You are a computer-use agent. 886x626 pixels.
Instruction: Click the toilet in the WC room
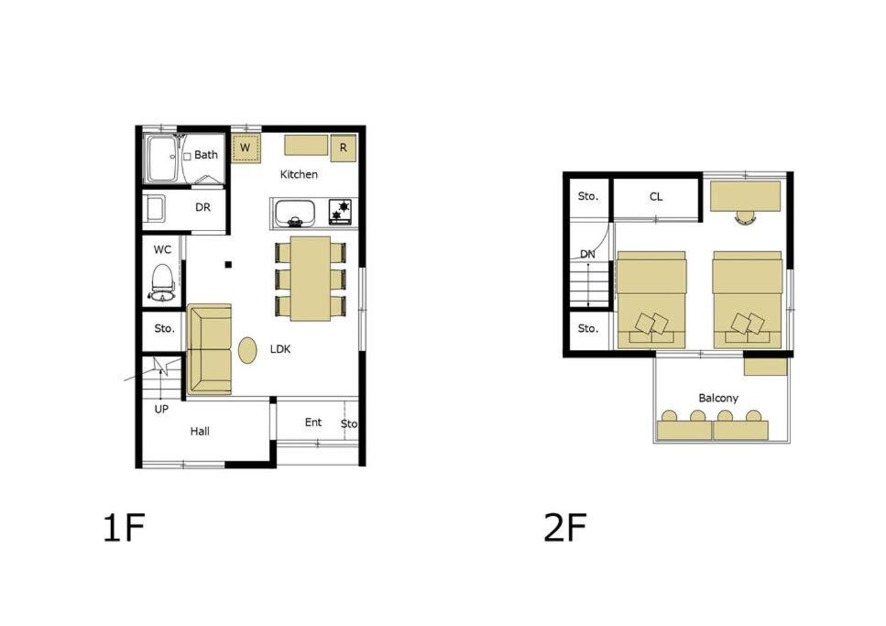point(163,282)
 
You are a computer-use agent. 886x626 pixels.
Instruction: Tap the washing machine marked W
point(246,148)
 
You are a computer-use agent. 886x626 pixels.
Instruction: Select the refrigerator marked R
point(343,148)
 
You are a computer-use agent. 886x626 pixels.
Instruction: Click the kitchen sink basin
point(294,214)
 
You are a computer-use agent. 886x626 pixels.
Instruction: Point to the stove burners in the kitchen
point(342,211)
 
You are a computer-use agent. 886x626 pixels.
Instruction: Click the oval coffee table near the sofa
point(247,350)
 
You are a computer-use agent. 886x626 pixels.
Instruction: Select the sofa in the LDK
point(209,349)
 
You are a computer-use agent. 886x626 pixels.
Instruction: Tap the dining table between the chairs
point(311,279)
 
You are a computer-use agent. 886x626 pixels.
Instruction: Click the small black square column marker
point(228,264)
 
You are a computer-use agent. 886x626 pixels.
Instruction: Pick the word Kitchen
point(299,175)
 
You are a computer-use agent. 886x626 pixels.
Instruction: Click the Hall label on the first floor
point(200,432)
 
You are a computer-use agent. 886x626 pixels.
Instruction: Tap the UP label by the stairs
point(161,409)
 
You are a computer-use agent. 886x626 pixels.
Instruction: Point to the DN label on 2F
point(587,255)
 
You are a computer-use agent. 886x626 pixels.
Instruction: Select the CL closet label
point(655,197)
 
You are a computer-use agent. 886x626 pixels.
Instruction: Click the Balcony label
point(718,398)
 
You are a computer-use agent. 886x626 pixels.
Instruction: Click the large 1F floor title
point(125,528)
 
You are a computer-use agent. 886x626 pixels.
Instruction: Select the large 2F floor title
point(565,528)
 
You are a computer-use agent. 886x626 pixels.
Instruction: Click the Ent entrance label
point(313,423)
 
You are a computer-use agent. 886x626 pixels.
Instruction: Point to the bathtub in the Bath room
point(164,159)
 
